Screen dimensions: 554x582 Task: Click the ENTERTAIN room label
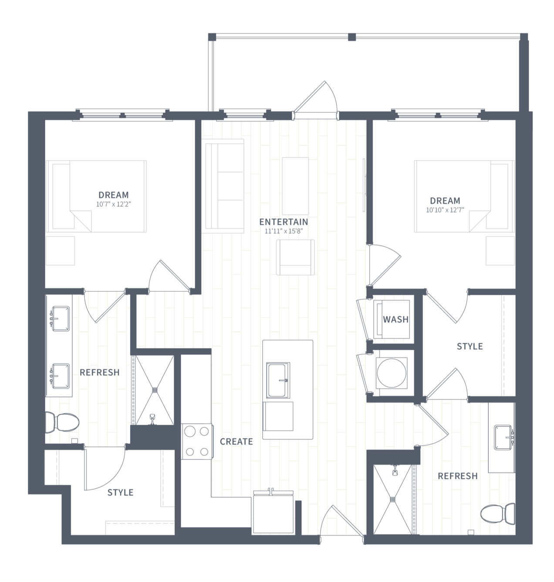coord(284,222)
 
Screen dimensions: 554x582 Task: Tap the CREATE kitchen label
coord(236,441)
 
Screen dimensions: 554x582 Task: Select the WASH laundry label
coord(395,319)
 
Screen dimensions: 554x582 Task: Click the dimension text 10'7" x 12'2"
coord(113,204)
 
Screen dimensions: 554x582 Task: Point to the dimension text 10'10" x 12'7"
coord(445,210)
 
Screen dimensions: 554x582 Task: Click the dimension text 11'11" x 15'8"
coord(284,231)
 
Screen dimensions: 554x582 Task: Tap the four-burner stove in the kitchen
coord(197,442)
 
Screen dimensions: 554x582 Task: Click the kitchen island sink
coord(278,380)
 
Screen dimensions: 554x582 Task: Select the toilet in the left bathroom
coord(62,422)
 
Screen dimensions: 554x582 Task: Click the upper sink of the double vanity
coord(61,318)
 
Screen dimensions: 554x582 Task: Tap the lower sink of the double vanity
coord(61,376)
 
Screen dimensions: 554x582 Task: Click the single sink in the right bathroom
coord(503,437)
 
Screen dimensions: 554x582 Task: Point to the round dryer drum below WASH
coord(392,373)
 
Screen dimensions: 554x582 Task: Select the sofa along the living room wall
coord(225,186)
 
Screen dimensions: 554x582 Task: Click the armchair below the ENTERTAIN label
coord(295,257)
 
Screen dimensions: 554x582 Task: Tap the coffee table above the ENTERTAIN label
coord(295,186)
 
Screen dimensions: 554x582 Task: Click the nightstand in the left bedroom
coord(61,251)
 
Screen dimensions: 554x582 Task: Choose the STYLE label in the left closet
coord(120,492)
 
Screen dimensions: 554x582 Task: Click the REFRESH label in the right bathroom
coord(457,476)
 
